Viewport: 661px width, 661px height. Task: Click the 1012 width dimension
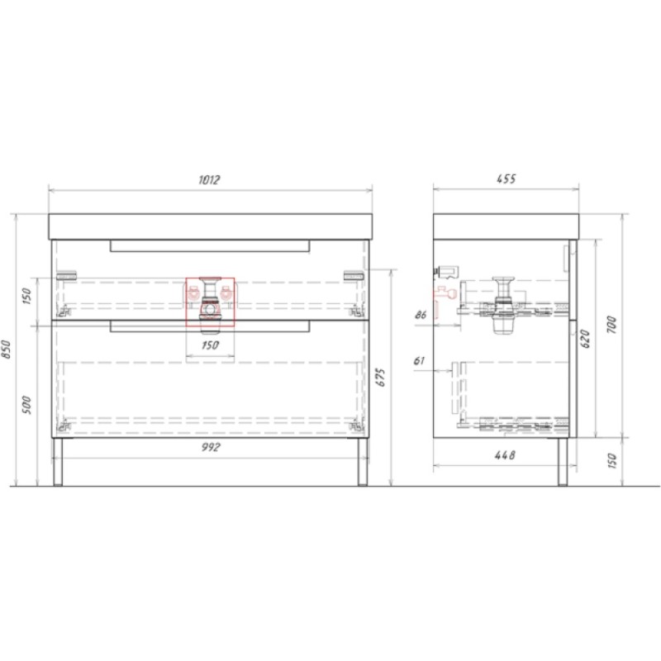click(x=209, y=179)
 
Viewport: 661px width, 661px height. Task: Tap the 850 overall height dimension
click(x=7, y=349)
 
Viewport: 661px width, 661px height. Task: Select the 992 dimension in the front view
click(x=210, y=447)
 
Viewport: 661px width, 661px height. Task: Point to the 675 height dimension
click(x=380, y=378)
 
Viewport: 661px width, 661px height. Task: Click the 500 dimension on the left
click(x=27, y=405)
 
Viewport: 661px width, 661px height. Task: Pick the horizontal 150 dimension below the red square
click(x=210, y=345)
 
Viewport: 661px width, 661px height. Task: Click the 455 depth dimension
click(x=506, y=179)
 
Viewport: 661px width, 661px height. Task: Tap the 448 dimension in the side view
click(x=505, y=455)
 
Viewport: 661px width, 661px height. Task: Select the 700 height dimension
click(x=611, y=325)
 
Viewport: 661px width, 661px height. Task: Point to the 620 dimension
click(x=585, y=339)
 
